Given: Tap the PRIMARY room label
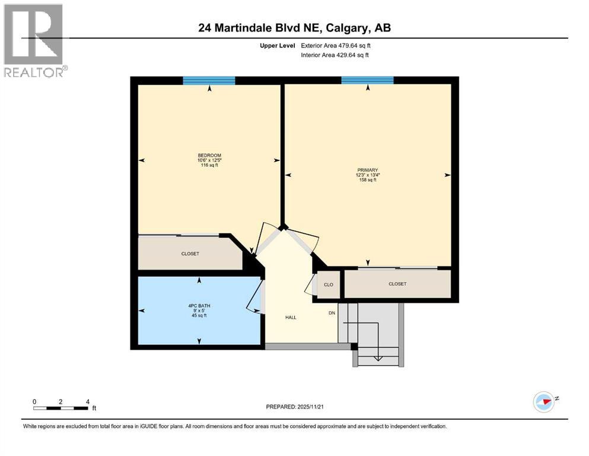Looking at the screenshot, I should click(368, 170).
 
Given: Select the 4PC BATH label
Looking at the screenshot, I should click(199, 306).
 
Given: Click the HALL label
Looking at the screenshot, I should click(291, 318).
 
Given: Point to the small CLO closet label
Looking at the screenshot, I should click(328, 284).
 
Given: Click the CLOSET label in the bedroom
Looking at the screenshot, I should click(190, 254).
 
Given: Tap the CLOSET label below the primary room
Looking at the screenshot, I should click(397, 284).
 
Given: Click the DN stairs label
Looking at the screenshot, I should click(332, 313).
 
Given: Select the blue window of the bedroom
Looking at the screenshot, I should click(209, 81).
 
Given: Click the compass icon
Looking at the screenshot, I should click(543, 401).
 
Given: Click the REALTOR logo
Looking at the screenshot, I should click(34, 40).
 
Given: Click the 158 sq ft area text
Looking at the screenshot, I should click(368, 180).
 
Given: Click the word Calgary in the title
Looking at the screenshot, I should click(348, 27).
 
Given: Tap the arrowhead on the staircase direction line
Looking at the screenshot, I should click(378, 358).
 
